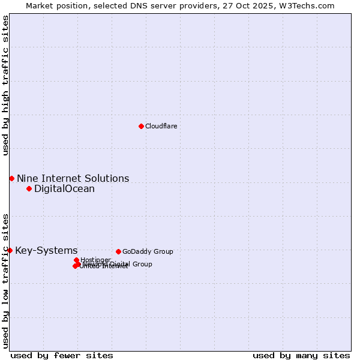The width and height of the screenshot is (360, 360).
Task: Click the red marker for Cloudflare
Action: pos(141,126)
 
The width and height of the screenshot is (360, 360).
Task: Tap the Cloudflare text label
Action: pos(161,126)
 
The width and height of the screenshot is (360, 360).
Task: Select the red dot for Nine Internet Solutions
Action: pos(11,178)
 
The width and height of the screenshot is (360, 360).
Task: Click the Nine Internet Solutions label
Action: pos(73,178)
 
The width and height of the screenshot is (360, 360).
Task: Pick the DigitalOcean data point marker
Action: pos(29,188)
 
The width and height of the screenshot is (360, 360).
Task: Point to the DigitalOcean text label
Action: pos(64,188)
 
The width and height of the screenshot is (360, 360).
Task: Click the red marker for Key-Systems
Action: pos(10,250)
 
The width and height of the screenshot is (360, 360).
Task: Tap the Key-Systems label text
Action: pos(46,250)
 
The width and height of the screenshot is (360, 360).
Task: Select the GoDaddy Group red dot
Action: pos(118,251)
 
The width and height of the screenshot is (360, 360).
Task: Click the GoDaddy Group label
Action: pos(148,251)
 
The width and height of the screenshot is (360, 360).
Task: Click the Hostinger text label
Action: pos(95,260)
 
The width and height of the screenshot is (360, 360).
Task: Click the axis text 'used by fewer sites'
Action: pos(62,355)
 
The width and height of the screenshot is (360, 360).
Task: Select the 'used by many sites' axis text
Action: pos(301,355)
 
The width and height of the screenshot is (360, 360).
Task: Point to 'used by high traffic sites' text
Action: pos(5,85)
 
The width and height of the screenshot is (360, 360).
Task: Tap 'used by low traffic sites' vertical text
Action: pos(5,280)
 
